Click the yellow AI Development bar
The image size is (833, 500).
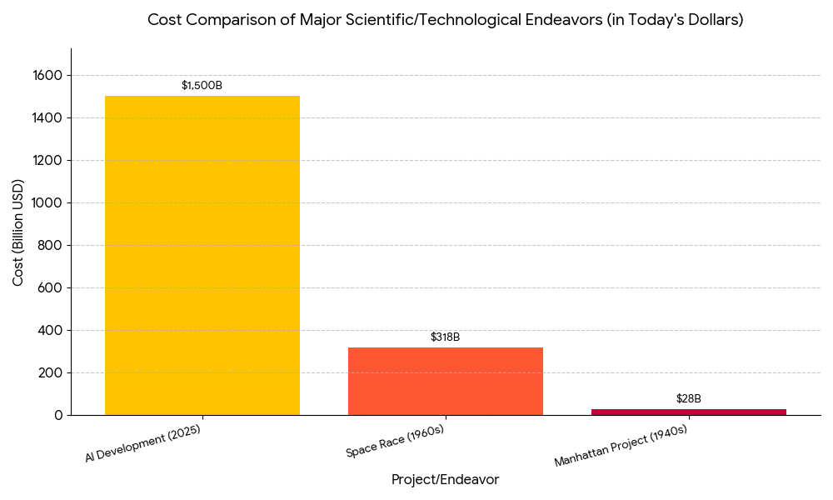202,255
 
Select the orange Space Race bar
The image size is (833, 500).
445,381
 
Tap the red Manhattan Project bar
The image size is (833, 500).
688,412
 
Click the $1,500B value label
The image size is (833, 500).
202,86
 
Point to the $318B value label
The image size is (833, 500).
445,337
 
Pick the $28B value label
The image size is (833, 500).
688,399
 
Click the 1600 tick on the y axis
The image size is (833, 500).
47,76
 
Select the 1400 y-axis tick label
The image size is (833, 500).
47,118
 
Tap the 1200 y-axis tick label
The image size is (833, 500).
47,161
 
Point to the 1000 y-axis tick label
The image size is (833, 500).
47,203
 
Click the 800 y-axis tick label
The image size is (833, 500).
51,246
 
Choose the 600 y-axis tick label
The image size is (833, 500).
51,288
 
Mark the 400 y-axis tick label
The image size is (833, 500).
51,331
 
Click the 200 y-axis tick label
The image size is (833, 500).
51,373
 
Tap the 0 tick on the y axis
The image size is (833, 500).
57,415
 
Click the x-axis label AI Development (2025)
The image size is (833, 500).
143,443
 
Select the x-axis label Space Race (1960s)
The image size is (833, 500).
395,442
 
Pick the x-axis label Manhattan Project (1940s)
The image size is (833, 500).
621,447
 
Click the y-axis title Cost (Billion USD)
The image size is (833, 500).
18,232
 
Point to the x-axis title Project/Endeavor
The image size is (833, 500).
445,480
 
